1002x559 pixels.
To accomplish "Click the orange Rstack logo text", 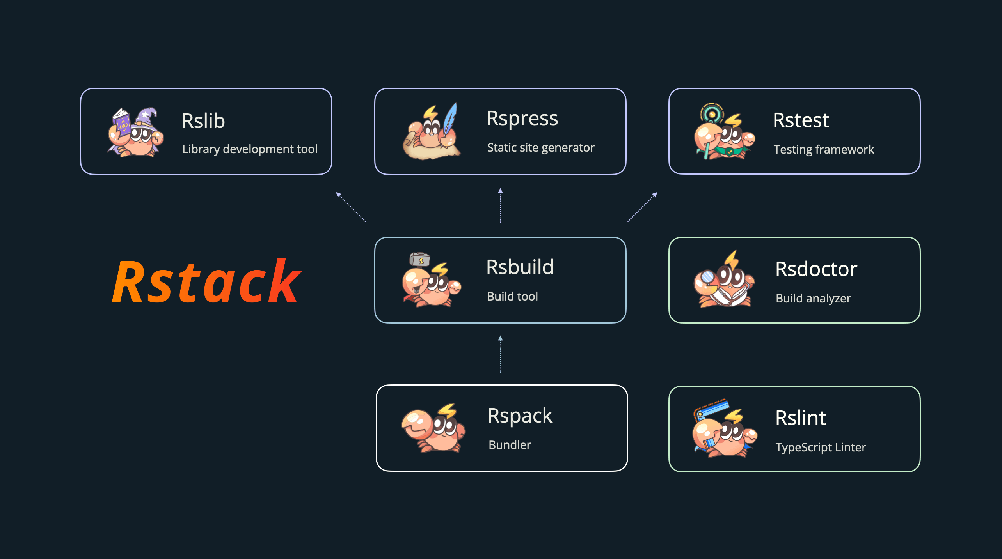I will point(207,281).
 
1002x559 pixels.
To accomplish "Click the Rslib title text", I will point(203,121).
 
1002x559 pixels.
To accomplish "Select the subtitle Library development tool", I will point(250,149).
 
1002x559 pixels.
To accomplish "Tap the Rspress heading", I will point(522,119).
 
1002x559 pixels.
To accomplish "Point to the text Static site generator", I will point(541,147).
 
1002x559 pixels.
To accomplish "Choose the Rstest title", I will point(801,120).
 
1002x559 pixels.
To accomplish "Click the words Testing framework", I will point(824,149).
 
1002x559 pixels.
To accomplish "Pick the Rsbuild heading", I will point(520,267).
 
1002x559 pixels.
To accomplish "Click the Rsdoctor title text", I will point(816,269).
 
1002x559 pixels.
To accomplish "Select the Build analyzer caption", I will point(813,298).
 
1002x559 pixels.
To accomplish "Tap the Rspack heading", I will point(520,416).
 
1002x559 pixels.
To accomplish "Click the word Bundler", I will point(510,445).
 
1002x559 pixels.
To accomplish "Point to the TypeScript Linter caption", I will point(821,447).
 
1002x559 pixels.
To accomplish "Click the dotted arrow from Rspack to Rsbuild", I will point(500,354).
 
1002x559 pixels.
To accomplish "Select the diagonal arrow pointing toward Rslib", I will point(351,207).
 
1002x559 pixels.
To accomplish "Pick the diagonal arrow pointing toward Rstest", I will point(642,207).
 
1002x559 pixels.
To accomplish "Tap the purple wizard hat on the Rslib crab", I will point(147,117).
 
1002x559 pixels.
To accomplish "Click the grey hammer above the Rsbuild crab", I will point(419,259).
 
